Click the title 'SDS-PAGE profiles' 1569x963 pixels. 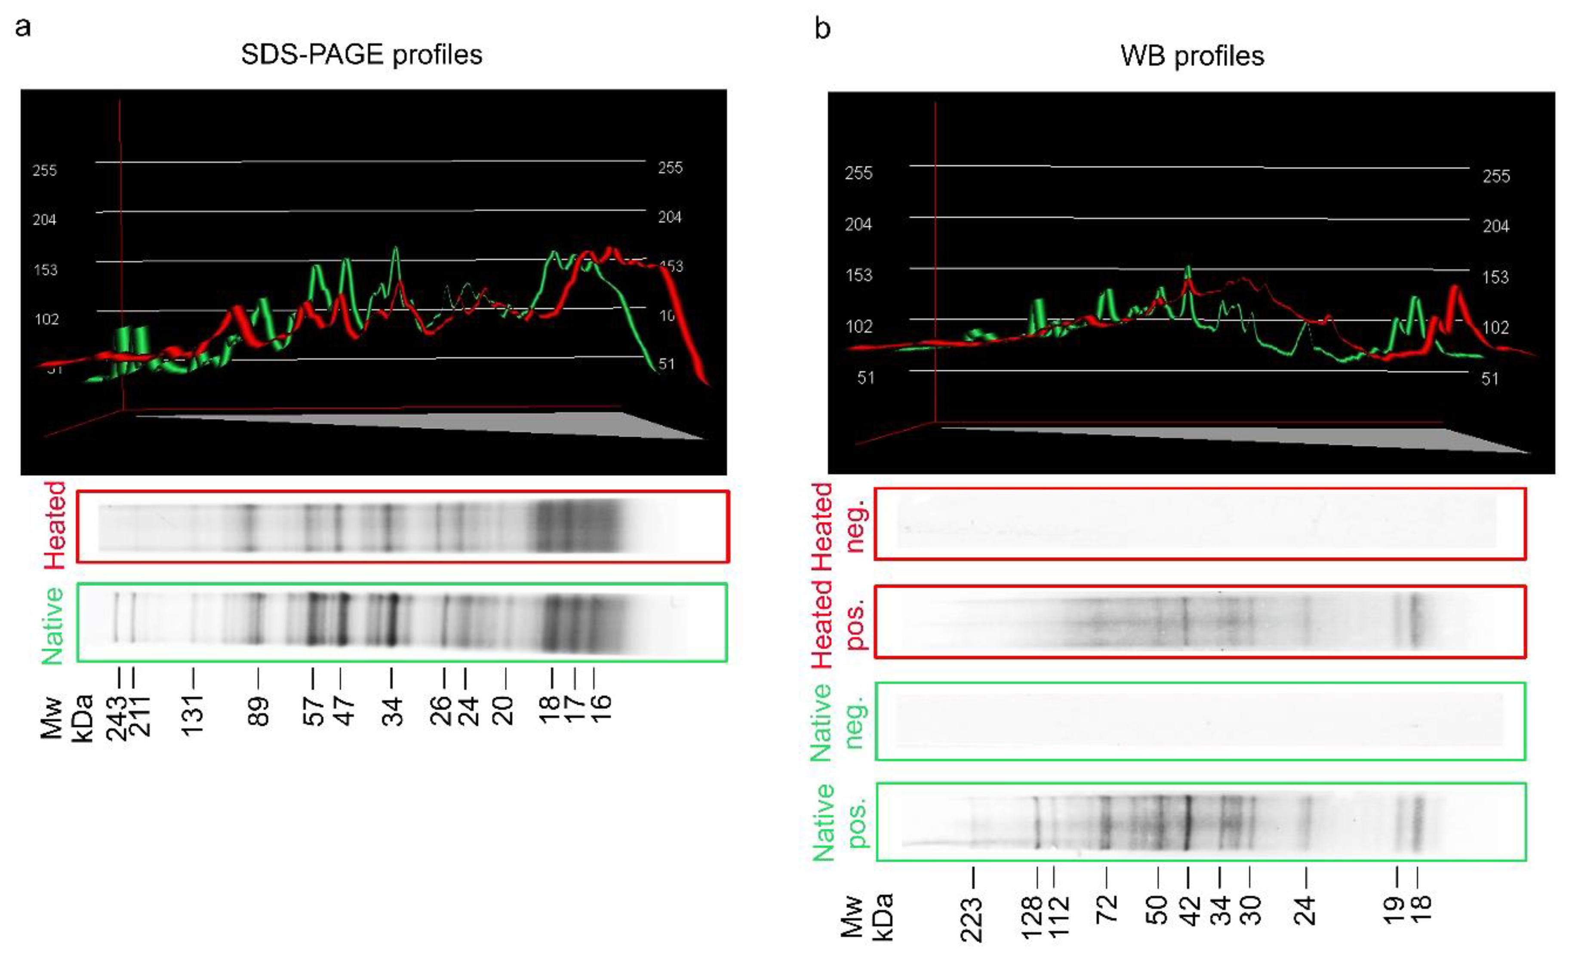click(x=361, y=55)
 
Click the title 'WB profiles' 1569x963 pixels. click(x=1192, y=56)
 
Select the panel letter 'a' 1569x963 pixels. click(x=23, y=28)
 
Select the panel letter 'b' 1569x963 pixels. click(x=822, y=29)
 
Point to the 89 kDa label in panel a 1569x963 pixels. click(x=258, y=712)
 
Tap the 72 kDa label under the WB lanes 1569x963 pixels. click(x=1107, y=909)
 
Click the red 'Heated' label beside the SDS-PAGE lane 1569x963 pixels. click(x=56, y=525)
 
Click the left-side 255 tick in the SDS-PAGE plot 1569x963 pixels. click(x=45, y=171)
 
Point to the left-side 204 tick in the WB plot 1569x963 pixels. click(x=858, y=224)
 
